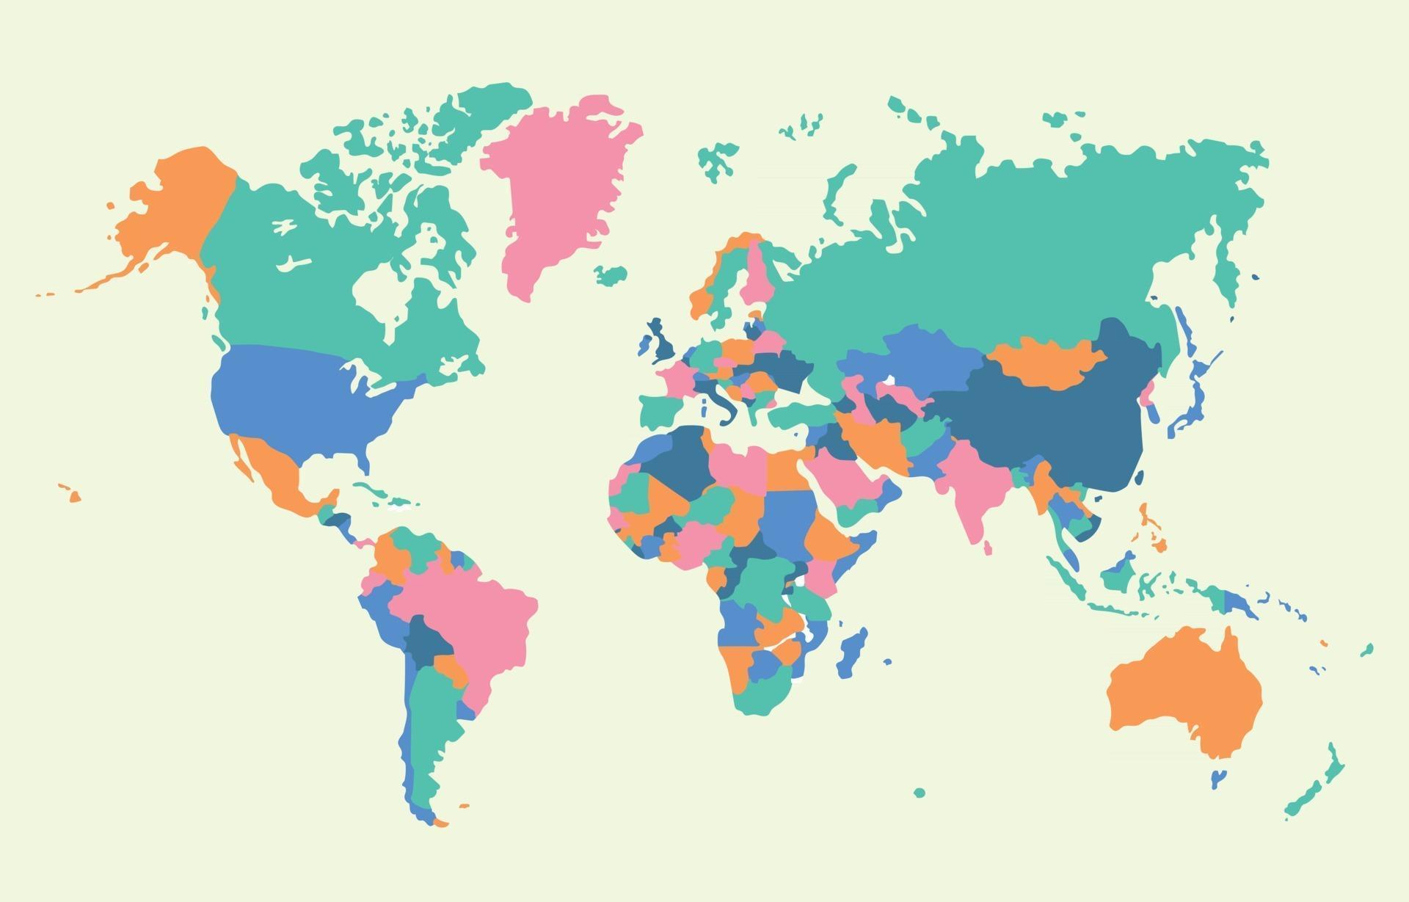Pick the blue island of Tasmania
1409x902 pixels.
click(1218, 779)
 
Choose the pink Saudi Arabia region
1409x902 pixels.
click(844, 477)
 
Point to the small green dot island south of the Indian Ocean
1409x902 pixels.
click(920, 793)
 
